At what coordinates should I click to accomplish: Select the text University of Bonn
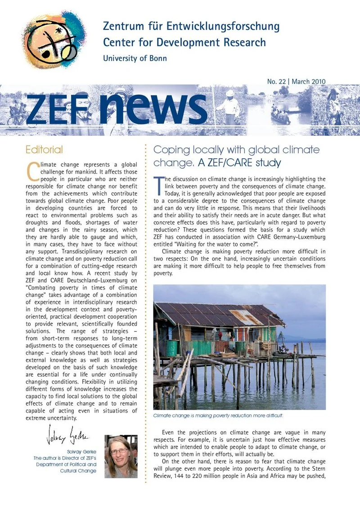(x=135, y=58)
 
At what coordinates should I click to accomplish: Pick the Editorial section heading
(x=44, y=149)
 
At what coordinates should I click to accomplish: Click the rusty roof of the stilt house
(x=216, y=313)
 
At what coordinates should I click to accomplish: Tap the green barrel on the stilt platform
(x=171, y=348)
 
